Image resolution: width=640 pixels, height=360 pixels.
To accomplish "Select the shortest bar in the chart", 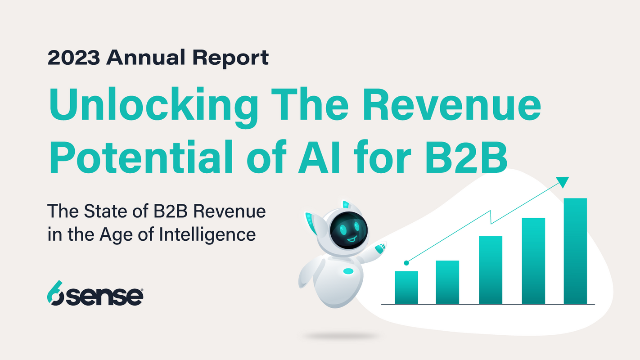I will (x=406, y=288).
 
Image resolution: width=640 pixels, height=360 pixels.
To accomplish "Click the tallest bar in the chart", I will (x=575, y=251).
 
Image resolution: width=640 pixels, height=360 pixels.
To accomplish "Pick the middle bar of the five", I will (x=490, y=270).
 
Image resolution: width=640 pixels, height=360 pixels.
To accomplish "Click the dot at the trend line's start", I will (x=406, y=262).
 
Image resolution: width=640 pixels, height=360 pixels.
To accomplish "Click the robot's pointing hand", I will (x=381, y=247).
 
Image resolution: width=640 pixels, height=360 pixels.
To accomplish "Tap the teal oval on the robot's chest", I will (x=348, y=271).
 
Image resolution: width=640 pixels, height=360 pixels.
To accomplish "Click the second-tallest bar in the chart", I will (x=533, y=261).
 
